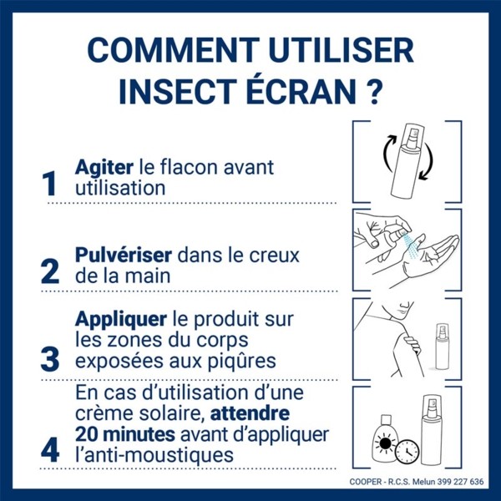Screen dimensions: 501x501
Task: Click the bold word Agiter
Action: pyautogui.click(x=101, y=166)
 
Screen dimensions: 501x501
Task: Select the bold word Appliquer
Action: pyautogui.click(x=121, y=319)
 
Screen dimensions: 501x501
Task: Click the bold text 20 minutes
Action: pyautogui.click(x=124, y=435)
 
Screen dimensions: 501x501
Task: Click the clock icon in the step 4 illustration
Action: pyautogui.click(x=407, y=452)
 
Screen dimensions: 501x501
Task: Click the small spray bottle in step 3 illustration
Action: pyautogui.click(x=442, y=346)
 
